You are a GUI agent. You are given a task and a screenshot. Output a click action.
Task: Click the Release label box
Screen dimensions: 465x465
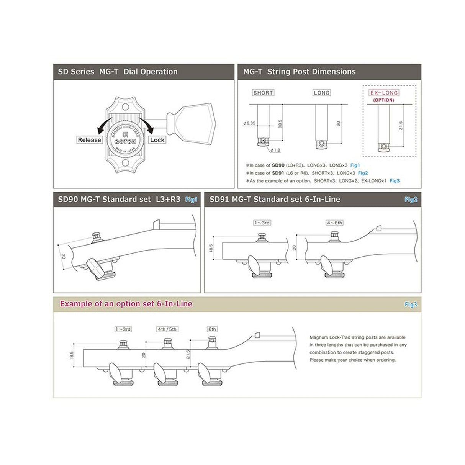click(x=89, y=140)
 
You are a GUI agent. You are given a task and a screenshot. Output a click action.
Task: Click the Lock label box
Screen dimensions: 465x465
click(x=157, y=140)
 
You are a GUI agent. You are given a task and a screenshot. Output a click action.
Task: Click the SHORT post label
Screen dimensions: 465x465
click(x=263, y=93)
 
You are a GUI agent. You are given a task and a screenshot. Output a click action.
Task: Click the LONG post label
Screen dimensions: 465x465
click(x=321, y=93)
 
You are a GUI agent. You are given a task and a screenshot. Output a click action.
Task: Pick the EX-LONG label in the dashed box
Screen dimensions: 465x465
click(x=383, y=93)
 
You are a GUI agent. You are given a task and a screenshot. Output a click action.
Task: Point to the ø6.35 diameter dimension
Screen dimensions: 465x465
click(x=249, y=123)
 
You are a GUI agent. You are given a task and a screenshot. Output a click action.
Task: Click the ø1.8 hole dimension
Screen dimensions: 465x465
click(x=275, y=150)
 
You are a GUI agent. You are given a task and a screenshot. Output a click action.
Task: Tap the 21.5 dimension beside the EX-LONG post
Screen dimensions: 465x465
click(x=401, y=126)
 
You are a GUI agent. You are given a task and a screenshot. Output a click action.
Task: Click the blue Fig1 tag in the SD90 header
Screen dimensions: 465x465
click(x=191, y=199)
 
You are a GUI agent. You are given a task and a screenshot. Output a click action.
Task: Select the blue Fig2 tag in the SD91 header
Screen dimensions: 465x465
click(x=411, y=199)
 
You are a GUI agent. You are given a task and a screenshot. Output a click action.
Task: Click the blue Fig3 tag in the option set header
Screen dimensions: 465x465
click(x=411, y=305)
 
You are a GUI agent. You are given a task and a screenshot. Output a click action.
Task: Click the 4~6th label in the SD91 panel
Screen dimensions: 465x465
click(x=334, y=223)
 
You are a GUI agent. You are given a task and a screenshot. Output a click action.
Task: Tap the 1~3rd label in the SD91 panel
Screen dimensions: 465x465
click(x=262, y=223)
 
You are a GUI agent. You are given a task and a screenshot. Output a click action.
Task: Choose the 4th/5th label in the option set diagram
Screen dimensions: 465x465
click(x=167, y=329)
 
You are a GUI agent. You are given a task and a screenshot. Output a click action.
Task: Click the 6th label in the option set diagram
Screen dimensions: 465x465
click(x=212, y=329)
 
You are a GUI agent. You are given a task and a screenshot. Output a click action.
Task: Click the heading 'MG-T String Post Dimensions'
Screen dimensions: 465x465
click(x=299, y=72)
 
